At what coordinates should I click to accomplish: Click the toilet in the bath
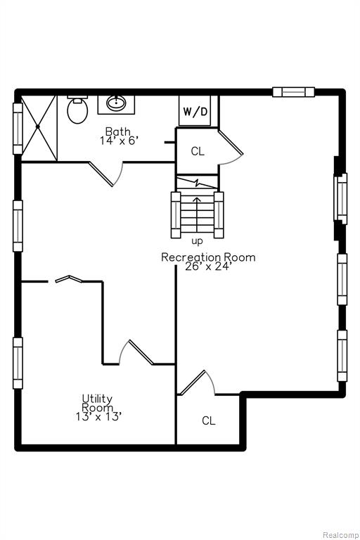[77, 110]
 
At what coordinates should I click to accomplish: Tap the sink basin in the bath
[116, 103]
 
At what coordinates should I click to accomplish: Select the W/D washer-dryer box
[195, 111]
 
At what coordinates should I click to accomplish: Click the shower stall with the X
[39, 128]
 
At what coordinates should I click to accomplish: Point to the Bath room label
[118, 131]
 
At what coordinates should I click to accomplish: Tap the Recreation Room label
[208, 257]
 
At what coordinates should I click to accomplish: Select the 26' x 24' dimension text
[208, 266]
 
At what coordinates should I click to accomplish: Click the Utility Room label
[97, 404]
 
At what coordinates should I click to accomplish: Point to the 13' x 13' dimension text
[99, 417]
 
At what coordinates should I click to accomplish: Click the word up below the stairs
[197, 241]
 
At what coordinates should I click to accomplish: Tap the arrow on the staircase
[197, 214]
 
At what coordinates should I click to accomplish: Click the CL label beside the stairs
[198, 151]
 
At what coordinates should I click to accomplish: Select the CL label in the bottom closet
[208, 420]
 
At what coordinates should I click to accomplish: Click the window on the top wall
[293, 92]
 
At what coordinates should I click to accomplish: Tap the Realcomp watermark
[340, 535]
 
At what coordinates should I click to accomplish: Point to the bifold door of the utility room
[69, 278]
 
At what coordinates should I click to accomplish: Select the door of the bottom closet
[196, 382]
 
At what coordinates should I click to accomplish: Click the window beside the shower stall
[18, 128]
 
